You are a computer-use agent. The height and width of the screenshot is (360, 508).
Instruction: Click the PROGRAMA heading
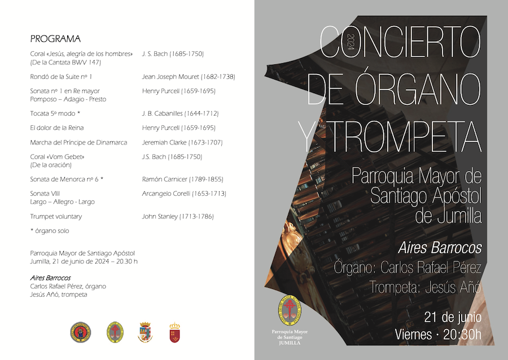click(x=55, y=39)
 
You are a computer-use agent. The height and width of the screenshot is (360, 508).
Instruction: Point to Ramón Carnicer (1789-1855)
click(x=182, y=179)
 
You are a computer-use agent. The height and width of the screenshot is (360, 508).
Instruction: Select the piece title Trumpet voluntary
click(x=56, y=216)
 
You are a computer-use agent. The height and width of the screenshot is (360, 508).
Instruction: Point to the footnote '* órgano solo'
click(x=50, y=231)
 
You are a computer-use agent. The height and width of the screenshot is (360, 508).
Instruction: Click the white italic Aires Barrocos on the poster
click(x=440, y=248)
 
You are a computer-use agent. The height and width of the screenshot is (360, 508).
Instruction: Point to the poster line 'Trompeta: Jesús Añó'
click(x=425, y=287)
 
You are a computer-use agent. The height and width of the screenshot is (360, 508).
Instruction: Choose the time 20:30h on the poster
click(x=462, y=334)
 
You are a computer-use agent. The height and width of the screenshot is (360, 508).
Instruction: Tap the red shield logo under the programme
click(x=175, y=332)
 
